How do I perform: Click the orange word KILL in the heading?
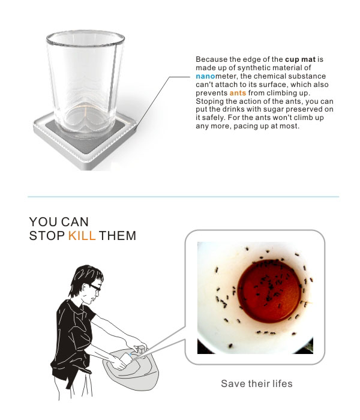point(82,236)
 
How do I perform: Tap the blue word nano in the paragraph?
point(205,76)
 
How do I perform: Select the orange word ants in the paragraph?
point(238,93)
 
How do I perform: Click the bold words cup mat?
point(300,59)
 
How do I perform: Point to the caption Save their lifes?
point(257,383)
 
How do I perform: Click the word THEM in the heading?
point(118,236)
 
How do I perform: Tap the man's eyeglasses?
point(95,287)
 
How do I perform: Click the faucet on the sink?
point(141,349)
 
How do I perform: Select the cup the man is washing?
point(126,359)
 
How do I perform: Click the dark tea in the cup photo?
point(269,291)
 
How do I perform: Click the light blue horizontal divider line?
point(183,197)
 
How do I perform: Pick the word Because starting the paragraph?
point(212,59)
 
